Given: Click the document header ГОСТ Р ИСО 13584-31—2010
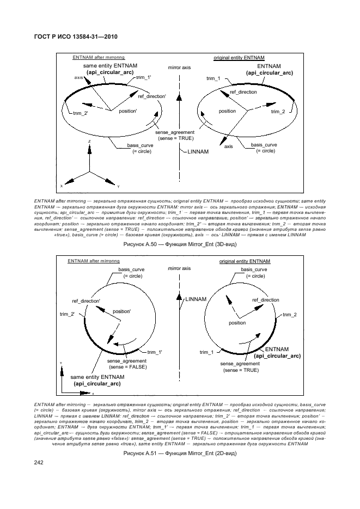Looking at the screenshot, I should (76, 37).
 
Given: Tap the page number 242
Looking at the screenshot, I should (39, 463).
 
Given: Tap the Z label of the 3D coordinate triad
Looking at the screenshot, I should (89, 140).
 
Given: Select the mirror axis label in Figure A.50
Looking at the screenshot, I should (179, 68).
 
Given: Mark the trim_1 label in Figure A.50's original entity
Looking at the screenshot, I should (213, 79).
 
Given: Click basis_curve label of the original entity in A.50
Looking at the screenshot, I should (264, 145).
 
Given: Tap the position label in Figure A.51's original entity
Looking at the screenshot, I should (237, 323).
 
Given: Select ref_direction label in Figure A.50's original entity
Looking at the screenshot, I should (242, 92).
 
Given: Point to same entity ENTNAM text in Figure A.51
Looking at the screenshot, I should (97, 377).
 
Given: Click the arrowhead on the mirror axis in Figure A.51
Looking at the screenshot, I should (179, 297).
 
